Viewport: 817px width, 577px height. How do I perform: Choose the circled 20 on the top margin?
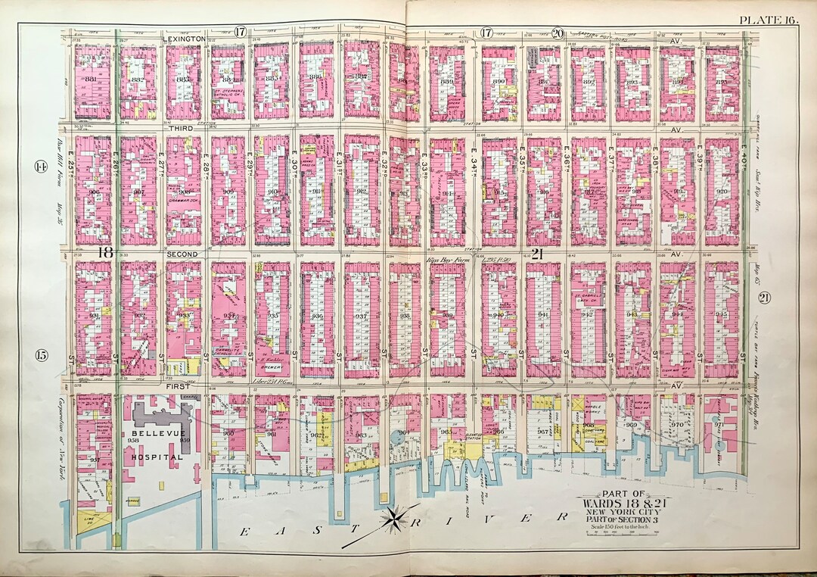tap(558, 33)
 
